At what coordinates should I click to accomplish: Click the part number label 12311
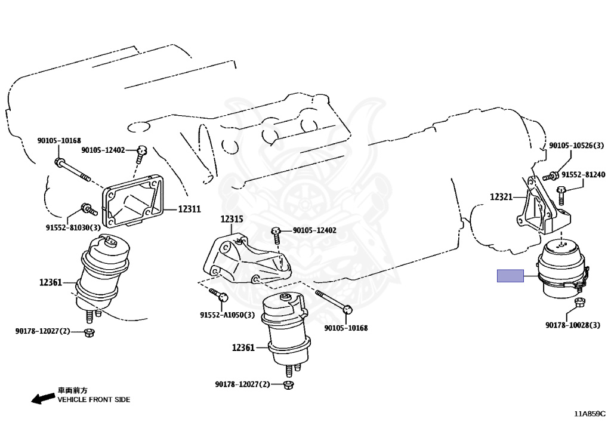point(189,210)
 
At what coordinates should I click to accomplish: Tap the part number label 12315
point(232,219)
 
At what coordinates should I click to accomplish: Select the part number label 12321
point(501,197)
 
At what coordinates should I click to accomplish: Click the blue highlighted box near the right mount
point(510,276)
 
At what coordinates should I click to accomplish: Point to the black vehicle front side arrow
point(43,398)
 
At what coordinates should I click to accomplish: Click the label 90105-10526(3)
point(576,146)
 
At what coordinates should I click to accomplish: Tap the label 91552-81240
point(584,174)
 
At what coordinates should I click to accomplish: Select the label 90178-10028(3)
point(572,325)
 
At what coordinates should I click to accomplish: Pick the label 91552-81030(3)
point(73,227)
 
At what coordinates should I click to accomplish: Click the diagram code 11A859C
point(590,414)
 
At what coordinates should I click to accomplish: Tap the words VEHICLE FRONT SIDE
point(94,399)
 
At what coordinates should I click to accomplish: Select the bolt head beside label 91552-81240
point(561,190)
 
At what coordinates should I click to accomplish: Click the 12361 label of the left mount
point(50,282)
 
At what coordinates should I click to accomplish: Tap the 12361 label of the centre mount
point(243,347)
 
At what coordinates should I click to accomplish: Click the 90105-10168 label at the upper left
point(59,141)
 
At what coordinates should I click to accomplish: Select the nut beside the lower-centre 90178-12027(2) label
point(288,385)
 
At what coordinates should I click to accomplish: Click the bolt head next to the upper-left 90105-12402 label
point(142,150)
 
